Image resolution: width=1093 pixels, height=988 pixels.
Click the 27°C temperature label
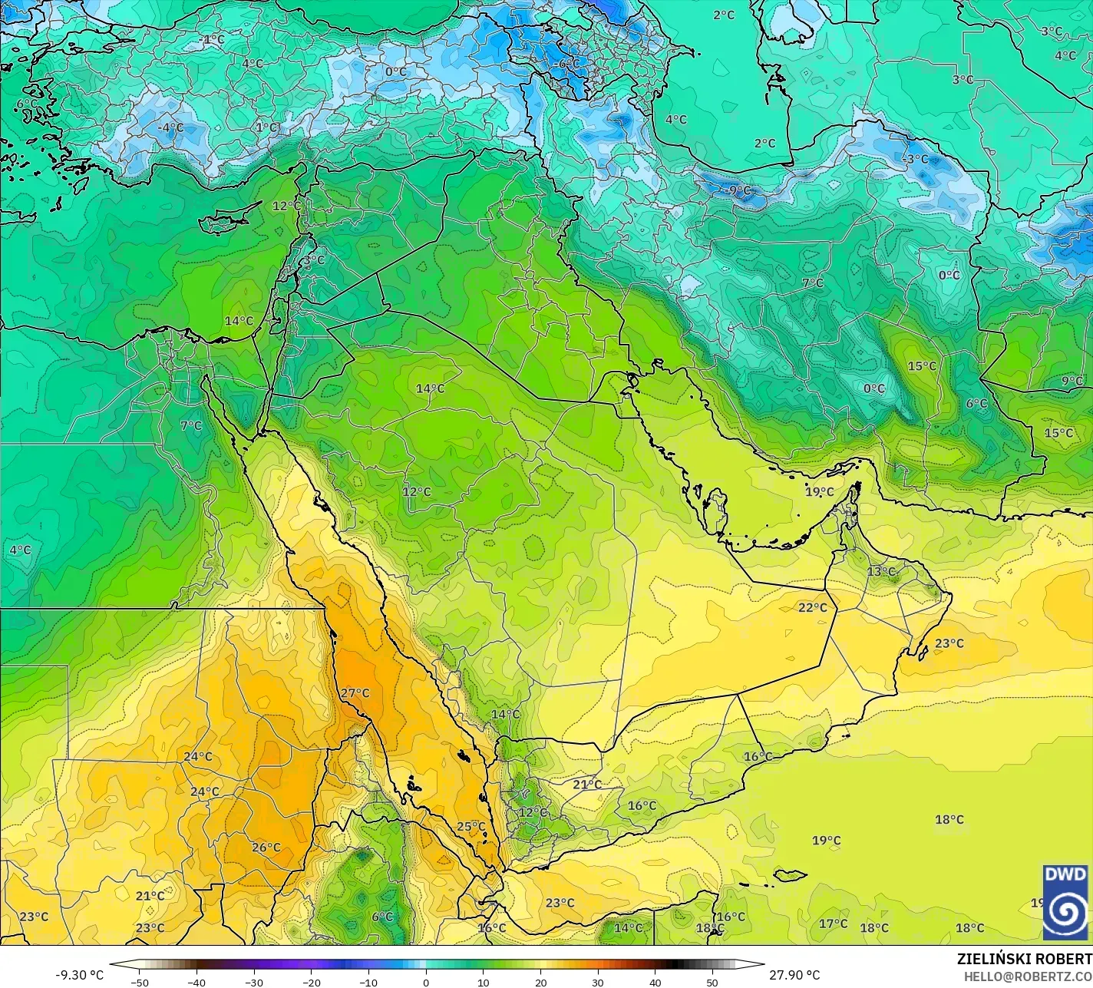pos(355,693)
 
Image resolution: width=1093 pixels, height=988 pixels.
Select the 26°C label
pos(266,848)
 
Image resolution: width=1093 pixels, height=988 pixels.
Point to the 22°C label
pos(812,608)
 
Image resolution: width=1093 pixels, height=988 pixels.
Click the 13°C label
pos(881,572)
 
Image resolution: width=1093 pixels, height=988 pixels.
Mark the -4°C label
pos(170,127)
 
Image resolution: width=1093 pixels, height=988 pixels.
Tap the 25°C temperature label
pos(471,827)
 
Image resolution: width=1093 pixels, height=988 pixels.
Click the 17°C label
pos(833,924)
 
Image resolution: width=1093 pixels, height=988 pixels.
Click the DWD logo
pos(1065,902)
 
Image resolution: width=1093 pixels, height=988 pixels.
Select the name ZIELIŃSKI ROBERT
pos(1024,959)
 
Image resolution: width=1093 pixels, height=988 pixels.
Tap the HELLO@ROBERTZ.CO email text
pos(1028,976)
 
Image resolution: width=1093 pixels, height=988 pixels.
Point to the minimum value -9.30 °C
pos(79,975)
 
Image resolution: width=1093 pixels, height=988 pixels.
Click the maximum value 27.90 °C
pos(794,975)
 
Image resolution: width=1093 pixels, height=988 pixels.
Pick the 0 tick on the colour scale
pos(426,982)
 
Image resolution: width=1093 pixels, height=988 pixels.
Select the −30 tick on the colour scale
pos(254,982)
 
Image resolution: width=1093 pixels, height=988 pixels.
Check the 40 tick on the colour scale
pos(655,982)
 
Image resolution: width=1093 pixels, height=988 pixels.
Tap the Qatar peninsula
pos(717,508)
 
